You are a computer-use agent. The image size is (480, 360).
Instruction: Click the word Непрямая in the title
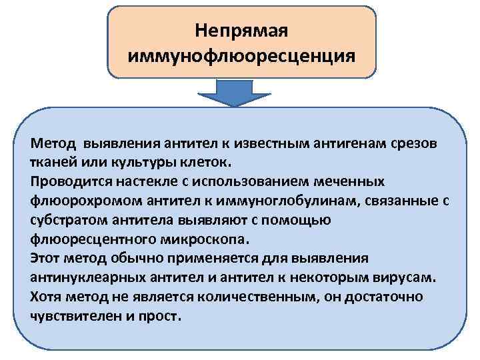[x=242, y=31]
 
